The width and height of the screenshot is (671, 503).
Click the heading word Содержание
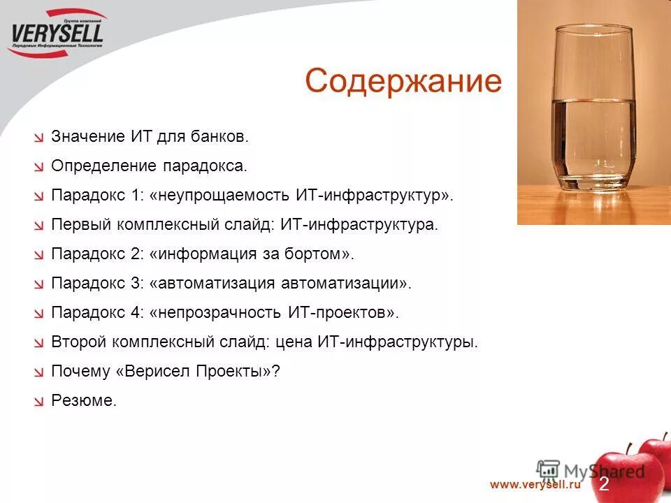[x=403, y=82]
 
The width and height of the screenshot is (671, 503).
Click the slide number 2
[x=604, y=484]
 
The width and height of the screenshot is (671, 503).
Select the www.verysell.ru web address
[x=535, y=484]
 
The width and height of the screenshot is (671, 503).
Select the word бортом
[x=319, y=254]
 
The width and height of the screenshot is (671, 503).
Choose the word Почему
[x=80, y=372]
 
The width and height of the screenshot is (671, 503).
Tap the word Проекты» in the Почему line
[x=242, y=372]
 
